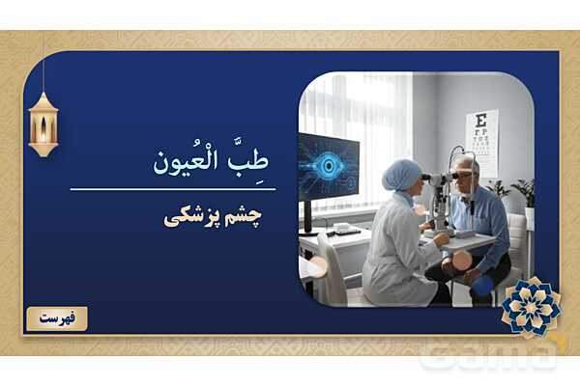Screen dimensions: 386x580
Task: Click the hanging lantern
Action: pyautogui.click(x=43, y=123)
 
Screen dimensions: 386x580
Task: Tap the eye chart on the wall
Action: pyautogui.click(x=480, y=141)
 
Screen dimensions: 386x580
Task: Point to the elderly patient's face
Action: pyautogui.click(x=467, y=178)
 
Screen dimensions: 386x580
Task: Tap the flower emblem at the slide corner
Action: pyautogui.click(x=531, y=307)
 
